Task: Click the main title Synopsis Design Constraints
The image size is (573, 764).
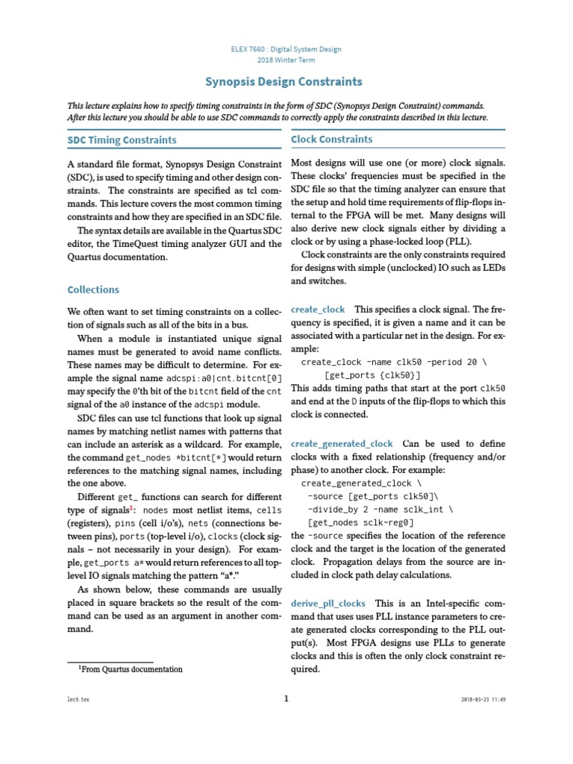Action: click(x=284, y=82)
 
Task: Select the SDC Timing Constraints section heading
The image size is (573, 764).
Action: click(x=122, y=140)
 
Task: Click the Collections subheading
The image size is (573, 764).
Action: click(x=93, y=289)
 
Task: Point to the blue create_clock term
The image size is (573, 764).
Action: click(x=318, y=309)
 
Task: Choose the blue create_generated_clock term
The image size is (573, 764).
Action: click(x=342, y=443)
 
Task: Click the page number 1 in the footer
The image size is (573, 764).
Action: click(x=286, y=698)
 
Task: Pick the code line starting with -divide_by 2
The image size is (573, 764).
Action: click(x=380, y=509)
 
